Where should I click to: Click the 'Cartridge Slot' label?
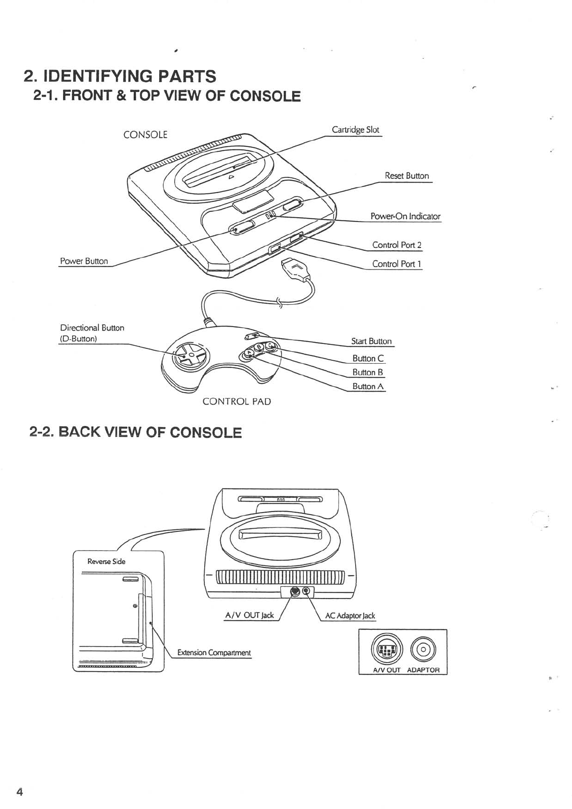[355, 130]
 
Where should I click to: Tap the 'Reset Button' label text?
[407, 176]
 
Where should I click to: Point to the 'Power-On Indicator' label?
[405, 216]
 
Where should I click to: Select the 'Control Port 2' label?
[397, 245]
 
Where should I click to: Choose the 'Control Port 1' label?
[397, 264]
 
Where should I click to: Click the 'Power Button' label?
[84, 261]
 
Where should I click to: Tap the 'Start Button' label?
[371, 341]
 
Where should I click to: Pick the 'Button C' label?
[368, 358]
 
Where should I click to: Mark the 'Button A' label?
[368, 386]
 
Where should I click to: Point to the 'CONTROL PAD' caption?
[236, 402]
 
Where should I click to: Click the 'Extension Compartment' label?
[214, 652]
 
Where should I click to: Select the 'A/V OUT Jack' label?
[249, 615]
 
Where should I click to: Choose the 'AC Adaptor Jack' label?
[350, 616]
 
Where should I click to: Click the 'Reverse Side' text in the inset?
[106, 561]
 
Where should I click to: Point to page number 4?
[20, 792]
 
